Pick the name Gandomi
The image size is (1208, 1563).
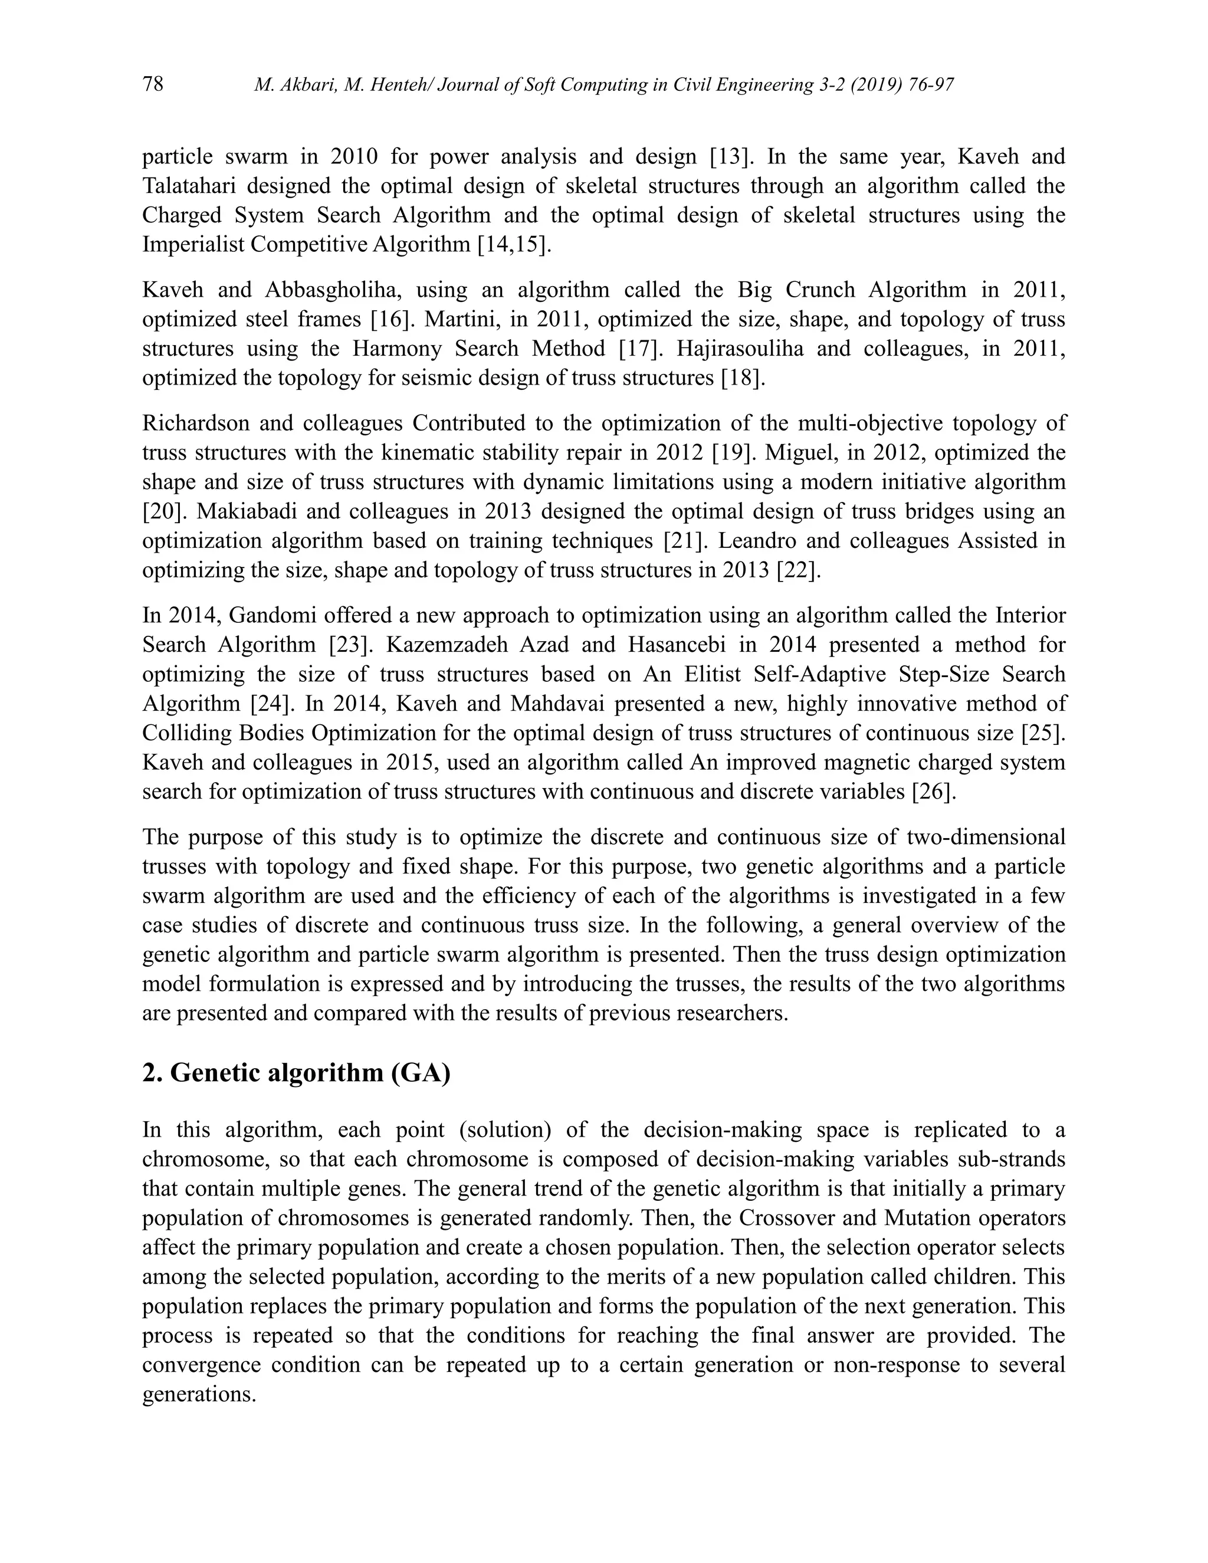(x=275, y=615)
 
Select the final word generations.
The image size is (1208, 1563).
(x=199, y=1395)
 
